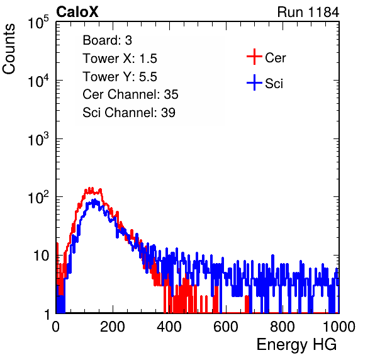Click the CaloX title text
point(77,12)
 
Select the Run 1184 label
point(308,12)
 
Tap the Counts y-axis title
point(9,49)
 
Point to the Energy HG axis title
point(296,344)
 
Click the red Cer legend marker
point(254,57)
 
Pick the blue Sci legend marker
point(254,82)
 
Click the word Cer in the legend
point(275,58)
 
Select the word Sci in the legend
point(274,84)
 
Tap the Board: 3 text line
point(107,40)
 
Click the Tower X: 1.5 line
point(120,59)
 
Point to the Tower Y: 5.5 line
point(120,77)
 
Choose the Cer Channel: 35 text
point(130,94)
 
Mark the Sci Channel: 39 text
point(129,113)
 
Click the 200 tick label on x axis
point(113,327)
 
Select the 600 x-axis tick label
point(226,327)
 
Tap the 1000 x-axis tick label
point(339,327)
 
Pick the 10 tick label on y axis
point(42,256)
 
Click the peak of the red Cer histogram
point(90,188)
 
